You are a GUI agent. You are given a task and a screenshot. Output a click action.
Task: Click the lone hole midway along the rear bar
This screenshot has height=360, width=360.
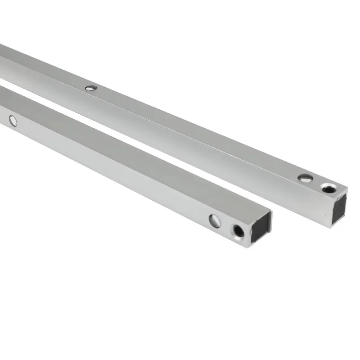91,88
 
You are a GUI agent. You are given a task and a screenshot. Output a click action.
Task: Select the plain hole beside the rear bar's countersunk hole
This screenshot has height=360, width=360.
306,179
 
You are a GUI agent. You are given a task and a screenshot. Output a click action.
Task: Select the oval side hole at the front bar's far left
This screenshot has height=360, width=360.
12,120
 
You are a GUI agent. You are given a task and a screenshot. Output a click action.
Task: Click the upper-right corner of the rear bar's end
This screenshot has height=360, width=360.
347,188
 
